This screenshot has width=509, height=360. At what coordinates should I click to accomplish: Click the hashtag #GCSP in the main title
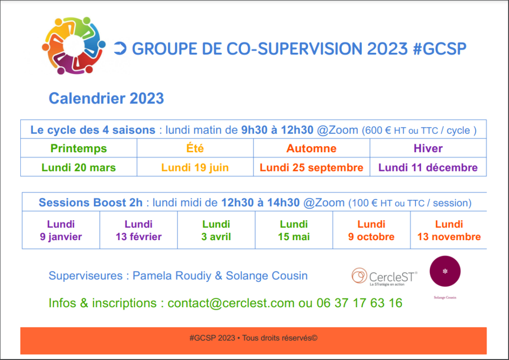pyautogui.click(x=439, y=49)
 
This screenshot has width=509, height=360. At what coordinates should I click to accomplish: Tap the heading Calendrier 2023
pyautogui.click(x=106, y=98)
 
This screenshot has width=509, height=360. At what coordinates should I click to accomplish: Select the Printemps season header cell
pyautogui.click(x=79, y=148)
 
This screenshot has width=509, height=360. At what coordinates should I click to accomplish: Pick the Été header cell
pyautogui.click(x=195, y=148)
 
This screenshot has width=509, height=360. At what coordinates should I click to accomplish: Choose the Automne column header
pyautogui.click(x=312, y=148)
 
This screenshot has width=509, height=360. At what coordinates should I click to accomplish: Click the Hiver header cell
pyautogui.click(x=428, y=148)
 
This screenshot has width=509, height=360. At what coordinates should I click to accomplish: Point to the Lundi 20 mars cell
pyautogui.click(x=79, y=168)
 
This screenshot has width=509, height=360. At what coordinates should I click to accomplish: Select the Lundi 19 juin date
pyautogui.click(x=195, y=168)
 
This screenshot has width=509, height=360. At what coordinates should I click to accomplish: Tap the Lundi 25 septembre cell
pyautogui.click(x=312, y=168)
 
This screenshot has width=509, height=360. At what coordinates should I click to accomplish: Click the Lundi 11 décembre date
pyautogui.click(x=428, y=168)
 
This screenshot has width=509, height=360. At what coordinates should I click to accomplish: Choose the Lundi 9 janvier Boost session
pyautogui.click(x=61, y=230)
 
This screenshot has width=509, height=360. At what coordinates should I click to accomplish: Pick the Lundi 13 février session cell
pyautogui.click(x=139, y=230)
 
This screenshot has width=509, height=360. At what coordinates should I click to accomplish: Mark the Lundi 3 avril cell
pyautogui.click(x=216, y=230)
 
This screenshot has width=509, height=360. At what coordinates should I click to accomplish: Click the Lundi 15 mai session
pyautogui.click(x=294, y=230)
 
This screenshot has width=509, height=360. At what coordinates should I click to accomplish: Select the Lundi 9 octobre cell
pyautogui.click(x=371, y=230)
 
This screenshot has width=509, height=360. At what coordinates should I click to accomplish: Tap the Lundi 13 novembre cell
pyautogui.click(x=449, y=230)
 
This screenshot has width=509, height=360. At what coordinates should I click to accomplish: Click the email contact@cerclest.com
pyautogui.click(x=231, y=303)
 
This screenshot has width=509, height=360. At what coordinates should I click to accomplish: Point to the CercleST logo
pyautogui.click(x=384, y=277)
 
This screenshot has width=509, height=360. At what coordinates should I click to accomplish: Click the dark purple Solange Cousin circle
pyautogui.click(x=445, y=271)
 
